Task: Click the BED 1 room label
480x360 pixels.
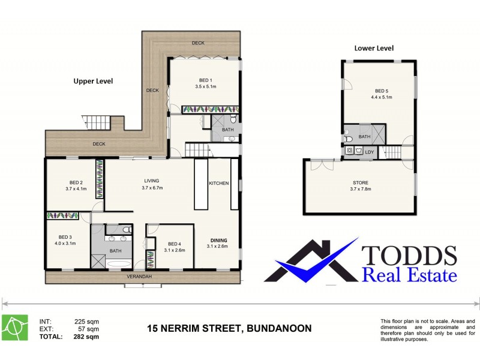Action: [205, 80]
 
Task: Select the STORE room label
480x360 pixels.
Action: [361, 182]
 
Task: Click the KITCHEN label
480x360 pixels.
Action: [218, 183]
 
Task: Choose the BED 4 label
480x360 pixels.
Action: [174, 244]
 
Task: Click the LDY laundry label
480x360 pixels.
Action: [369, 152]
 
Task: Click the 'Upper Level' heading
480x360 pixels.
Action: [93, 80]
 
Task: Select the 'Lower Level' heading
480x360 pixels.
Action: [374, 48]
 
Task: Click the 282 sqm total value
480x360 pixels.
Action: [86, 337]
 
